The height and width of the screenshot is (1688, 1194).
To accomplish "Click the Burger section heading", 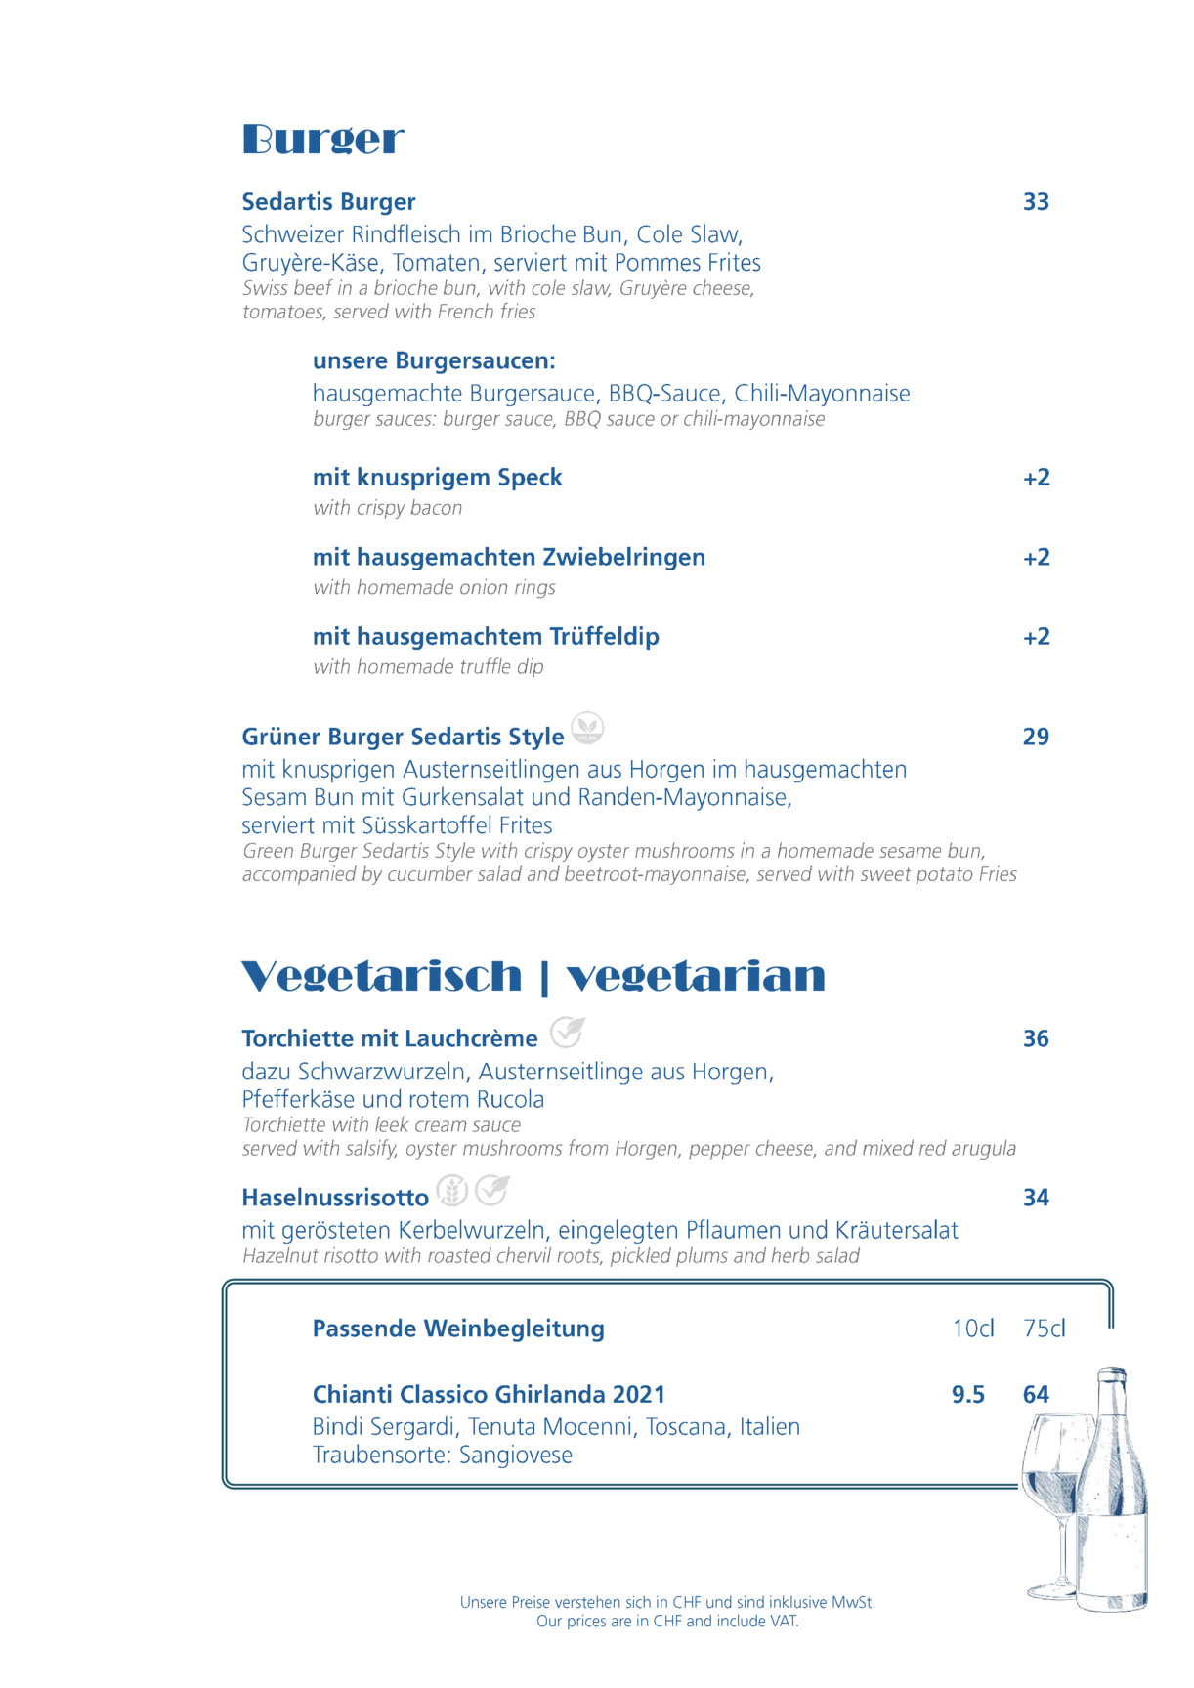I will coord(322,140).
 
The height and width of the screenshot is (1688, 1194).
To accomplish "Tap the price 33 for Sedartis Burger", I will coord(1036,202).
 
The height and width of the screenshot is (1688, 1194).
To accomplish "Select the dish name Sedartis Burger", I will coord(328,202).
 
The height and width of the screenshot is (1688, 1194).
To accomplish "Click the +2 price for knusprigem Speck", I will coord(1036,478).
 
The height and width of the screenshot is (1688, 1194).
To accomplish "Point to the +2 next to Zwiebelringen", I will coord(1036,558).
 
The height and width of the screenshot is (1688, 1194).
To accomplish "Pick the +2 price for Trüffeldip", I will coord(1036,637).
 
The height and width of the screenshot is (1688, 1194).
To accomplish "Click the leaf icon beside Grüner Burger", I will coord(587,728).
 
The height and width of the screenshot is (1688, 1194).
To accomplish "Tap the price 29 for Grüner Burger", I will coord(1036,737).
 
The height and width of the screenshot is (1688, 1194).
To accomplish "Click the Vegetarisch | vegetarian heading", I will coord(533,976).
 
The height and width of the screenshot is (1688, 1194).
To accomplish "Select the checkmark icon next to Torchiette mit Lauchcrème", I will coord(567,1032).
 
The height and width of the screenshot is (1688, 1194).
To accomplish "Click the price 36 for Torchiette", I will coord(1036,1038).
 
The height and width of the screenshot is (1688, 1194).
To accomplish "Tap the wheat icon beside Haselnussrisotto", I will coord(451,1191).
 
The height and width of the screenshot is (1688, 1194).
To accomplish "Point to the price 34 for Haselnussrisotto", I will coord(1036,1198).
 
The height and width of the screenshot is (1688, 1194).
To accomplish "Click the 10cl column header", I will coord(973,1329).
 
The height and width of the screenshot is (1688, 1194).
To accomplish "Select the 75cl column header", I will coord(1045,1329).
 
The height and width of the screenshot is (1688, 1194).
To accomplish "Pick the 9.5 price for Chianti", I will coord(968,1395).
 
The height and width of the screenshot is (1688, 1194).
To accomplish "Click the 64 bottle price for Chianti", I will coord(1036,1395).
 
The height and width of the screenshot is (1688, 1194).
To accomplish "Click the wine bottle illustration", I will coord(1114,1495).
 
